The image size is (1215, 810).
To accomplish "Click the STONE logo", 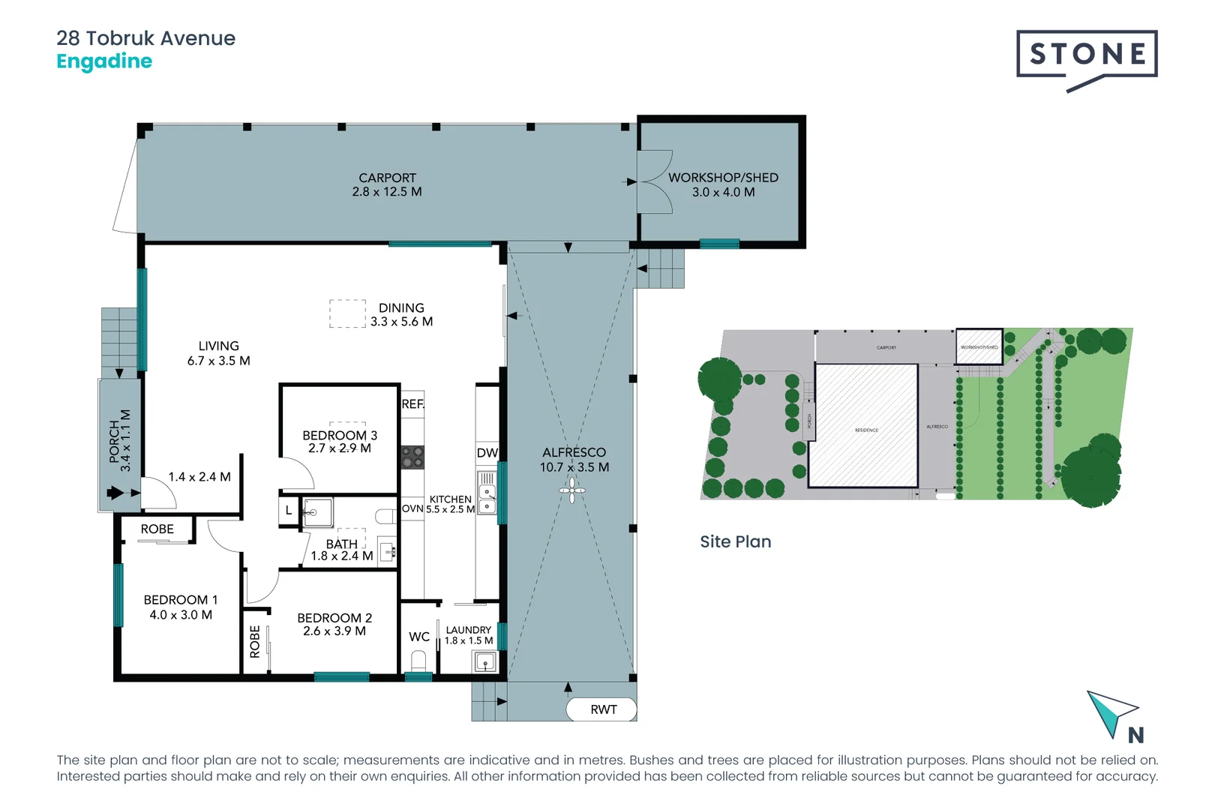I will [1087, 55].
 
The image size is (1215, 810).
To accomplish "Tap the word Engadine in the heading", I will [104, 61].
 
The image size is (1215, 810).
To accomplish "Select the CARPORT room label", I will [387, 178].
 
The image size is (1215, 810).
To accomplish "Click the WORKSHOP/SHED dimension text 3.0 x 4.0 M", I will [723, 192].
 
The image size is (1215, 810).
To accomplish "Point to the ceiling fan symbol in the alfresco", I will [572, 491].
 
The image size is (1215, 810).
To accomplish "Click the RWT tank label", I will [603, 709].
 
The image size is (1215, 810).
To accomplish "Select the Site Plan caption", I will [735, 541].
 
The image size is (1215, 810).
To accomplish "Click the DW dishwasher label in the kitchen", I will [487, 453].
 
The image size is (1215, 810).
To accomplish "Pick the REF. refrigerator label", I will [412, 404].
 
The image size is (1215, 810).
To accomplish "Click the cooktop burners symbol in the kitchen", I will [412, 457].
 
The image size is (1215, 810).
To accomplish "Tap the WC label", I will [419, 637].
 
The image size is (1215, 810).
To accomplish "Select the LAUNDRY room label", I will [469, 630].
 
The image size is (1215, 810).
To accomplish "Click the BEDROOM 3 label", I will [340, 435].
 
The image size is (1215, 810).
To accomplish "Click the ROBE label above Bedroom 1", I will [157, 529].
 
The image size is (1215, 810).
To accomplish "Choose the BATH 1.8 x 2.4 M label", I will [342, 550].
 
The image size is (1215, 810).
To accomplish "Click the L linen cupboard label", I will [289, 511].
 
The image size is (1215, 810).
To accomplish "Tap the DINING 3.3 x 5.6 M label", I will [401, 314].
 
